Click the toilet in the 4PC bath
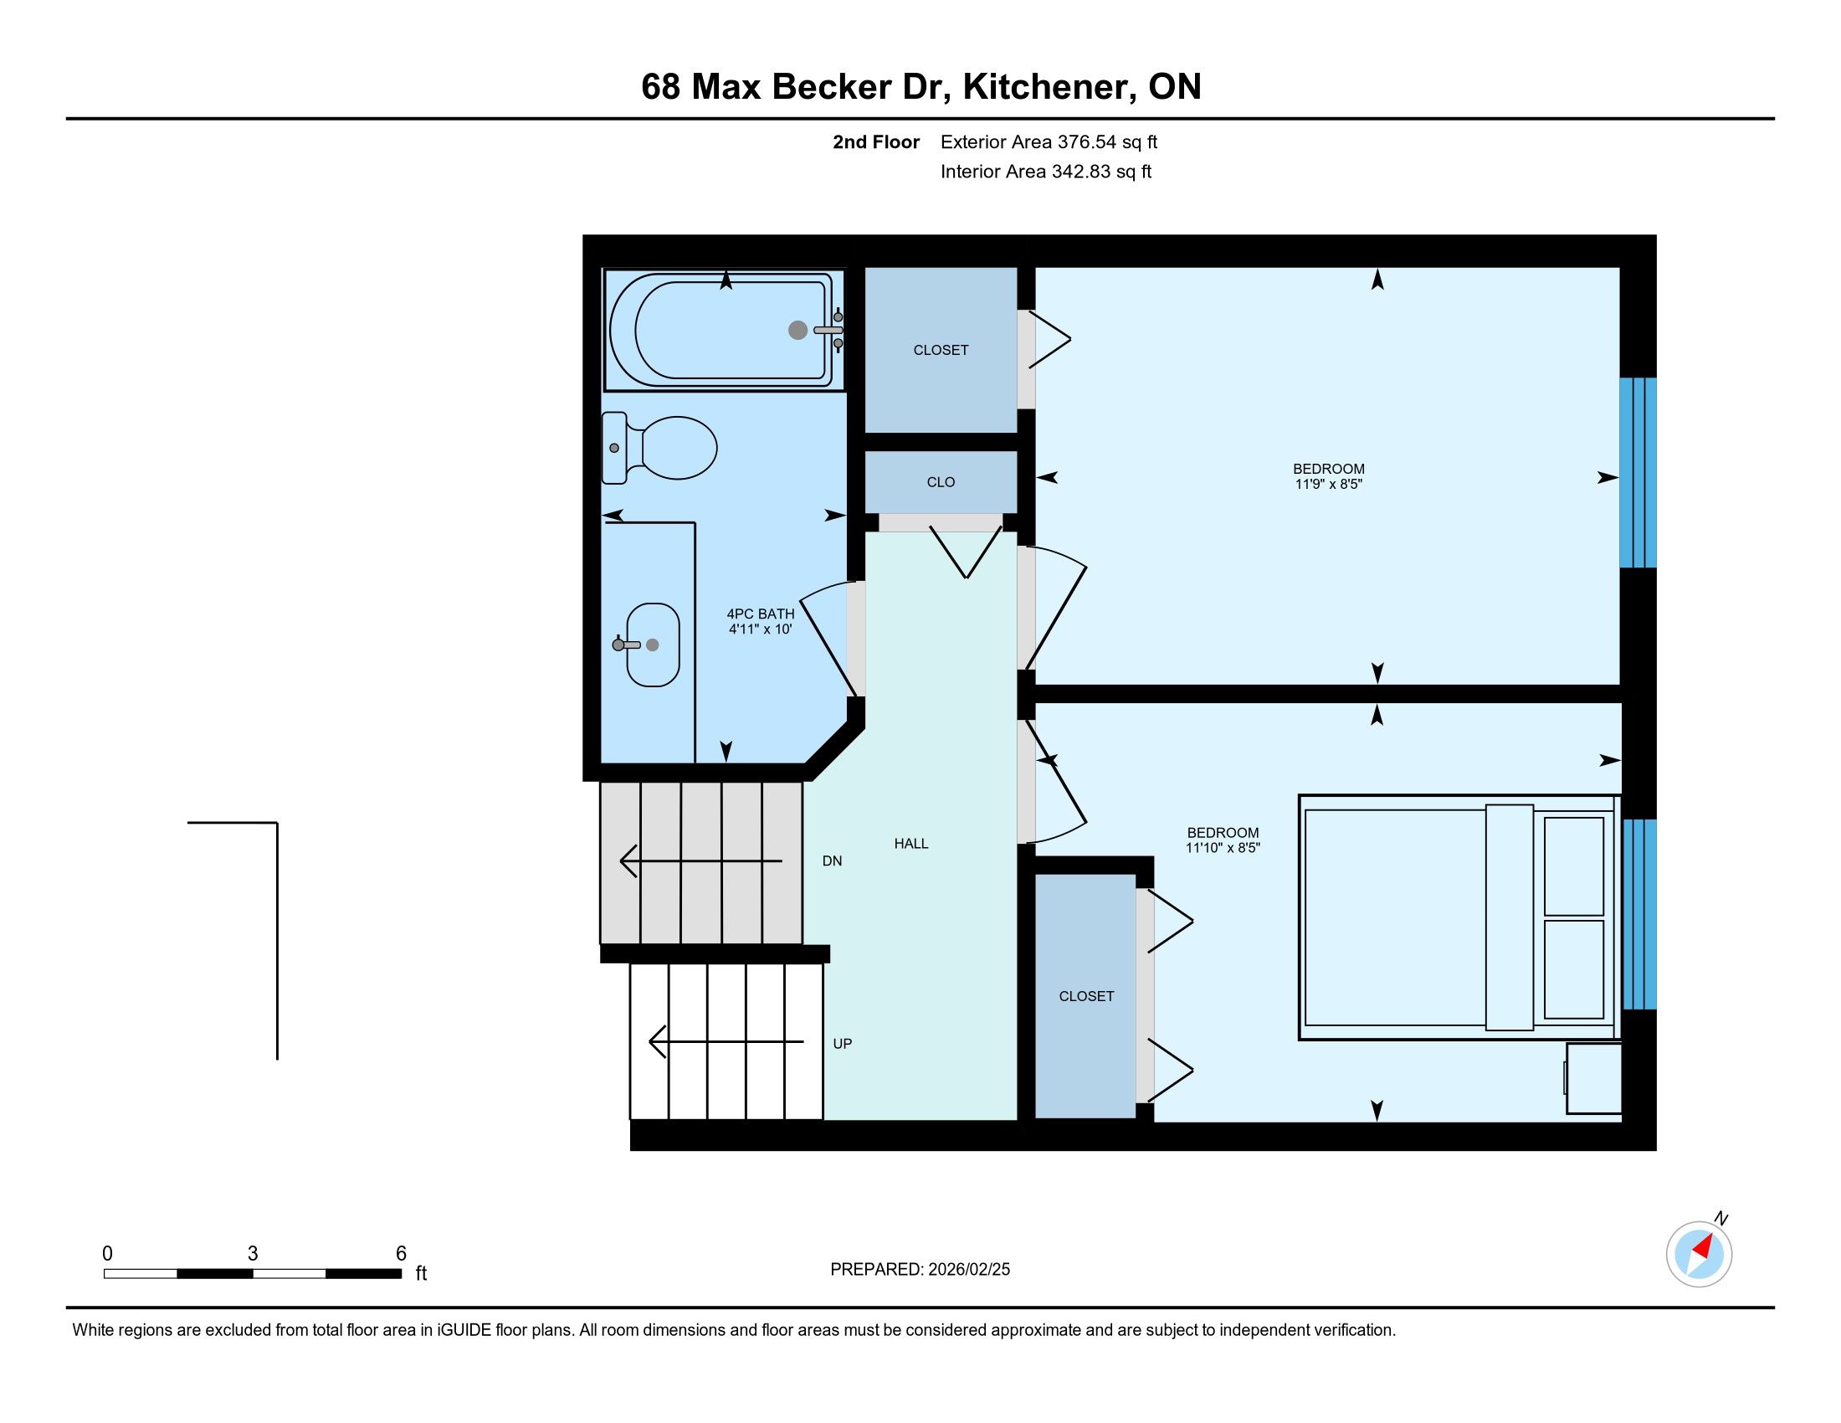click(x=659, y=448)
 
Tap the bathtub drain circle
click(x=797, y=330)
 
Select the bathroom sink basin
click(x=654, y=645)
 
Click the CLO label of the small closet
click(x=941, y=482)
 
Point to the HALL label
click(x=911, y=843)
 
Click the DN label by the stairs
click(x=832, y=860)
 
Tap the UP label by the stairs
click(x=842, y=1044)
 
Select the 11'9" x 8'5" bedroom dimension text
click(x=1329, y=484)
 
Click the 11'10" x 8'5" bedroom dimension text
click(x=1223, y=848)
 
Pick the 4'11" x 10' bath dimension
click(x=761, y=629)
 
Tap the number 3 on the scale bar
click(x=252, y=1254)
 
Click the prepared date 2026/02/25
click(x=968, y=1270)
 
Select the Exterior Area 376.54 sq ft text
click(x=1049, y=142)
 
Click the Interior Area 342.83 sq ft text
click(x=1046, y=172)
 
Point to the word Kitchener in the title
click(x=1048, y=87)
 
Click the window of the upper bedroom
click(x=1638, y=473)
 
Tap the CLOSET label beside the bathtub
click(x=941, y=350)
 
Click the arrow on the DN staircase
click(x=701, y=860)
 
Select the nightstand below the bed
click(x=1593, y=1078)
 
